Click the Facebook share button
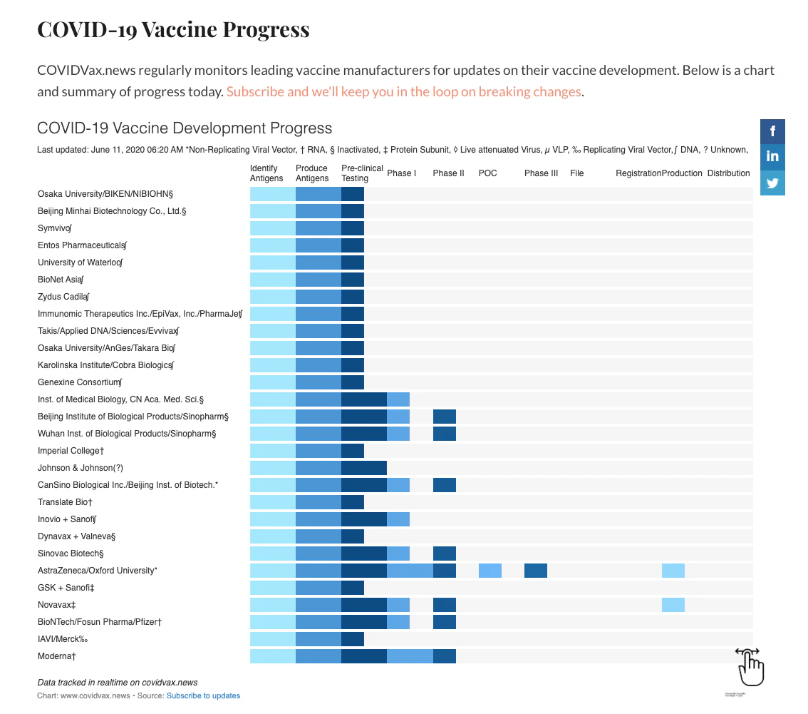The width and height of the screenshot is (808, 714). [x=772, y=131]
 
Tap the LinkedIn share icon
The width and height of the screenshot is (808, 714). [x=772, y=157]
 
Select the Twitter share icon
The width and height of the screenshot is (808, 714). [x=772, y=183]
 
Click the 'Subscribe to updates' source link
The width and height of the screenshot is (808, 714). [x=203, y=695]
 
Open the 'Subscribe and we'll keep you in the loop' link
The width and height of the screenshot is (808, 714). [x=403, y=92]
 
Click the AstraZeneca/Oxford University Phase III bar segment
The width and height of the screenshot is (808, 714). [x=536, y=571]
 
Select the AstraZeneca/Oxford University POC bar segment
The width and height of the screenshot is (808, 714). [x=490, y=571]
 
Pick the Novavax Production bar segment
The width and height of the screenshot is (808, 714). [x=673, y=605]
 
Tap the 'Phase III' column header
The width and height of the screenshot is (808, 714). [x=541, y=173]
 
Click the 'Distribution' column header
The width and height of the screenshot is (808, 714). [x=728, y=173]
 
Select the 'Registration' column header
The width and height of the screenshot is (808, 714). [x=638, y=173]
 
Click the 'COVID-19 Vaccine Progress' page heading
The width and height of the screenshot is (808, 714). [x=173, y=30]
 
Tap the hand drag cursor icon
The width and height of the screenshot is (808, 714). [x=750, y=665]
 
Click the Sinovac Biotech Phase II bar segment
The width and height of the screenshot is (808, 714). [x=445, y=554]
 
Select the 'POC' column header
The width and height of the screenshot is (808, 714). [x=488, y=173]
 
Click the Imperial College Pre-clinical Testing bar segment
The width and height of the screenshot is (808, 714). [x=353, y=451]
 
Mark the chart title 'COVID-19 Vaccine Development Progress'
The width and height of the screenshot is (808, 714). [x=185, y=128]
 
